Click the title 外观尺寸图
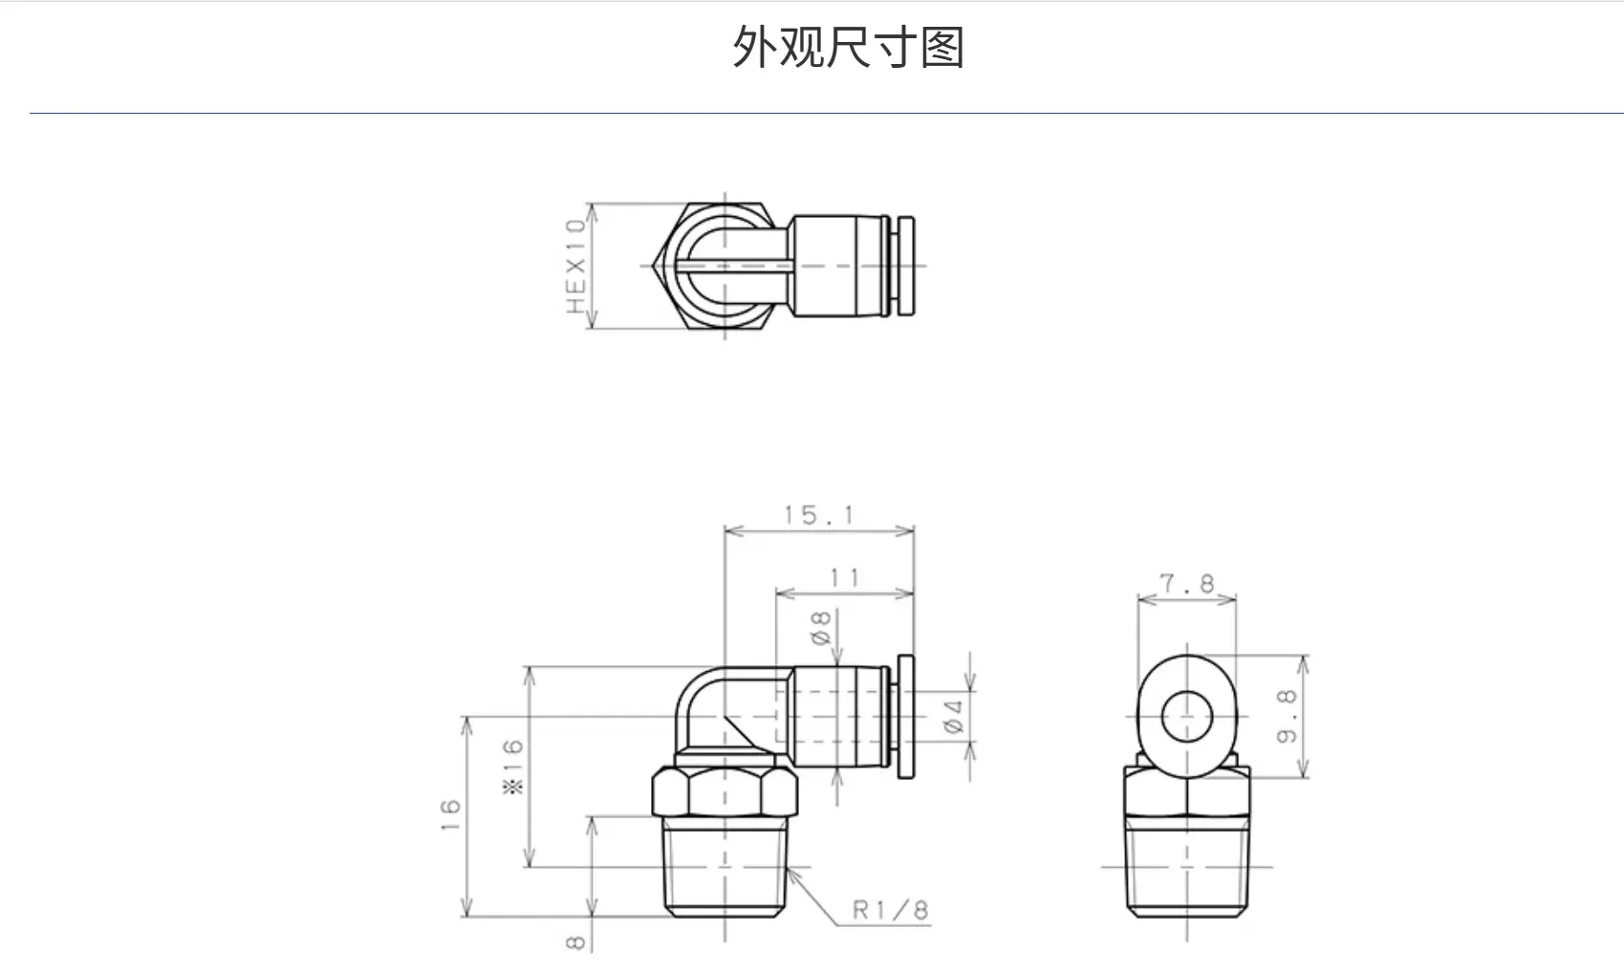(848, 47)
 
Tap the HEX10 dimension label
(575, 266)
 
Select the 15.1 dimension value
(819, 515)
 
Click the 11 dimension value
(845, 578)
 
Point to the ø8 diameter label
(821, 628)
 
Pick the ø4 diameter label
(954, 716)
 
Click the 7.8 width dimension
(1187, 583)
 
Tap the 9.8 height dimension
(1287, 716)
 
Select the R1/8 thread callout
(890, 910)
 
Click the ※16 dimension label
(512, 768)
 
